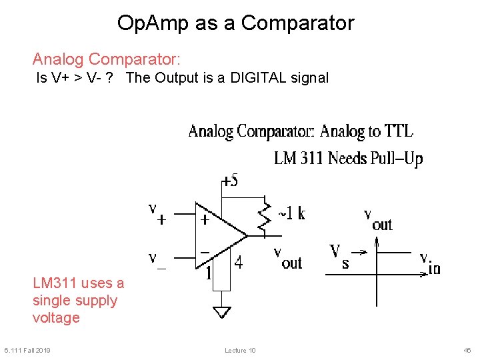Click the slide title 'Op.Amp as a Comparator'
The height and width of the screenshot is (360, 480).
(235, 23)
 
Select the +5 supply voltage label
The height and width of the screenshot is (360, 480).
(230, 181)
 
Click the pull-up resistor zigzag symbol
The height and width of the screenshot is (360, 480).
(265, 217)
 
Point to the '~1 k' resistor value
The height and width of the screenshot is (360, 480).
(291, 213)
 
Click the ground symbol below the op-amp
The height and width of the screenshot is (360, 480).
(221, 311)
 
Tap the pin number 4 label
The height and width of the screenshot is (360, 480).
(239, 263)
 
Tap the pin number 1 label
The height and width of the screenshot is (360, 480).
(209, 272)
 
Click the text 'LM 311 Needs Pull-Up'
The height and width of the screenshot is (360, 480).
(348, 159)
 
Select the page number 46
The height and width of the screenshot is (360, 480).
(467, 351)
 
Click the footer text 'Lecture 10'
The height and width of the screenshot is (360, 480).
(240, 351)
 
